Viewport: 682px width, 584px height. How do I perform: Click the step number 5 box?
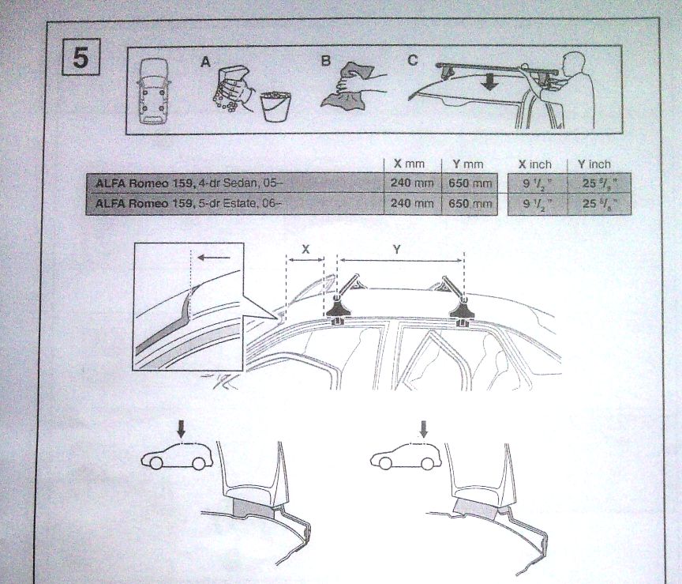[81, 57]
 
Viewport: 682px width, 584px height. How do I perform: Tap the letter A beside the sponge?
[206, 62]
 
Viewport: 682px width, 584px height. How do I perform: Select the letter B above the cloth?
[325, 61]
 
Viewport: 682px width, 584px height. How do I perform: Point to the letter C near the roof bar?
[413, 60]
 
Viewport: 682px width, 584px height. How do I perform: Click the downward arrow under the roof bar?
[490, 82]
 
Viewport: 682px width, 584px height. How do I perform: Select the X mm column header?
[409, 164]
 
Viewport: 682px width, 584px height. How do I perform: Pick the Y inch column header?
[594, 164]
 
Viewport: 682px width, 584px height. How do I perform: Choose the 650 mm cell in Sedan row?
[470, 183]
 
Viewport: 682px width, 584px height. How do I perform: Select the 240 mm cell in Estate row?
[412, 203]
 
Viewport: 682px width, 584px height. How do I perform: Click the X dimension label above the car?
[305, 249]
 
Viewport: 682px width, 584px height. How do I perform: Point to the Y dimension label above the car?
[397, 249]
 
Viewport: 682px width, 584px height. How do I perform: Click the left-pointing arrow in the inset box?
[214, 258]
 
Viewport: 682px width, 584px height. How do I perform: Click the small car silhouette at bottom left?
[177, 457]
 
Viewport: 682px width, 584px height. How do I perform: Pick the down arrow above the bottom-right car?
[423, 428]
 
